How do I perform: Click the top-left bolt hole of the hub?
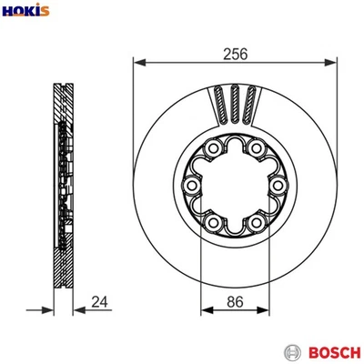pos(213,147)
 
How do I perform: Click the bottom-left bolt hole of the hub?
pos(213,221)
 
